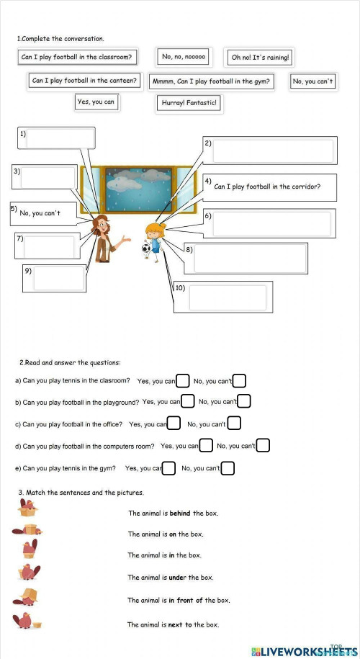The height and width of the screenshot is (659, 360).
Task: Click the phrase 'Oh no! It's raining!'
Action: (x=260, y=58)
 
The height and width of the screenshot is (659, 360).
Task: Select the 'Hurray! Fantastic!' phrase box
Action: (x=188, y=104)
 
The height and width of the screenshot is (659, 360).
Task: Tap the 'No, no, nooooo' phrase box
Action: (x=184, y=57)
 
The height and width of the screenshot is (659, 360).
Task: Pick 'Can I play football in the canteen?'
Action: (x=84, y=81)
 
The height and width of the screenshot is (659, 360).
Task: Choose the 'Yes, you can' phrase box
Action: (x=96, y=102)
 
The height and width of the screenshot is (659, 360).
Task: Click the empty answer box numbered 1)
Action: (x=60, y=138)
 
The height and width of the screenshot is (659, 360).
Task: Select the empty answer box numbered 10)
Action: (x=228, y=297)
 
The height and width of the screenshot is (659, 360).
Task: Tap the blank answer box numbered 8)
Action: (x=249, y=259)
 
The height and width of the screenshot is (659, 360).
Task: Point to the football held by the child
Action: (x=146, y=248)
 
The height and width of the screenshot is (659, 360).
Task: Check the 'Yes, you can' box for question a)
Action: (x=183, y=380)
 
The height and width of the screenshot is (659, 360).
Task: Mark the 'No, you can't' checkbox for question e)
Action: (x=228, y=469)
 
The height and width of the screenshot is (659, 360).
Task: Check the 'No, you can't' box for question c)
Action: (x=234, y=424)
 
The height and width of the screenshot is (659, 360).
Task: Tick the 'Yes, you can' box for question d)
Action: (x=206, y=446)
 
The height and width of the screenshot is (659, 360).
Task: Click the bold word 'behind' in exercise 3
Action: (x=180, y=514)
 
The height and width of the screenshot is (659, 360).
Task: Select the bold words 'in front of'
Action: (x=187, y=601)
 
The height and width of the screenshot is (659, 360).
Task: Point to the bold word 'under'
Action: (x=178, y=578)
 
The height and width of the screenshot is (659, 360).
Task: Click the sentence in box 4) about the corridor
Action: (x=267, y=187)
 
